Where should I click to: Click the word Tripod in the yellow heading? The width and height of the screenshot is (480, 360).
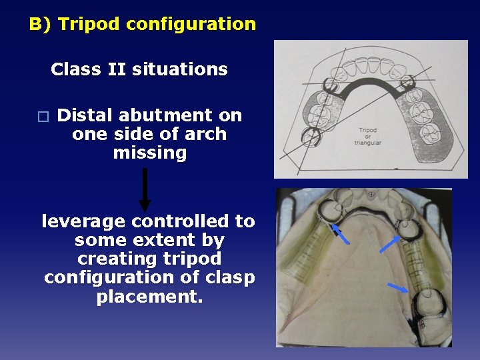click(x=89, y=25)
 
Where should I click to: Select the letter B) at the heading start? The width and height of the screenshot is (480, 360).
click(x=40, y=25)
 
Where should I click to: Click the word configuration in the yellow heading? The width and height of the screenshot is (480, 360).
click(x=191, y=25)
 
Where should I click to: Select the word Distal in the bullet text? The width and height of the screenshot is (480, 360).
click(x=85, y=115)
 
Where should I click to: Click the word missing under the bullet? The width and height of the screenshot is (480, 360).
click(x=149, y=153)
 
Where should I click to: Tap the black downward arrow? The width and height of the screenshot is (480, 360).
click(x=145, y=189)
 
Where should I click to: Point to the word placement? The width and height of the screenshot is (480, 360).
click(x=149, y=296)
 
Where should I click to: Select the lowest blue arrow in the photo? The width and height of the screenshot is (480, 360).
click(x=398, y=288)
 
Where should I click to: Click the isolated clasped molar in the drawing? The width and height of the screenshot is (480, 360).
click(x=310, y=137)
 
